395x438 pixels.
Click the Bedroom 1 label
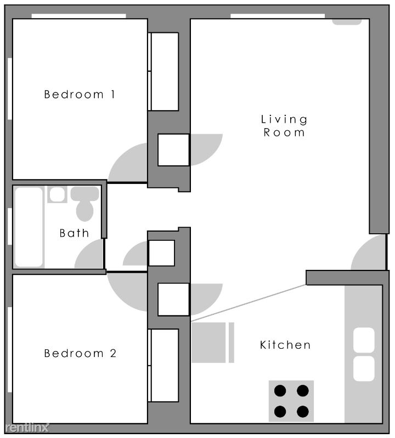point(80,94)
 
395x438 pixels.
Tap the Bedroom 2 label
point(80,353)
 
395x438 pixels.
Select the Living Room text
point(284,126)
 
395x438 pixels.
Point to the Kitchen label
point(285,345)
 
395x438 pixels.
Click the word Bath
point(74,233)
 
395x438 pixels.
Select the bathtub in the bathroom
point(29,227)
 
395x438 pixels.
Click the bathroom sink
point(57,194)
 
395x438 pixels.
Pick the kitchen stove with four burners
point(291,401)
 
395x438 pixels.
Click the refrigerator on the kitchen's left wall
point(213,343)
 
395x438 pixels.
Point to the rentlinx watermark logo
point(27,428)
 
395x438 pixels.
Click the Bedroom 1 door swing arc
point(128,163)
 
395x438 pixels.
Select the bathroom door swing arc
point(89,254)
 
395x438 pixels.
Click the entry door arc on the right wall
point(369,252)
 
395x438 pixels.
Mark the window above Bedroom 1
point(78,16)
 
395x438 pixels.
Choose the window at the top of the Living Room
point(278,16)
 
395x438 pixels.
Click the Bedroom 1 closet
point(163,72)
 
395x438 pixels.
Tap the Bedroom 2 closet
point(163,365)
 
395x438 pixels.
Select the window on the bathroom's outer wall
point(10,226)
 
